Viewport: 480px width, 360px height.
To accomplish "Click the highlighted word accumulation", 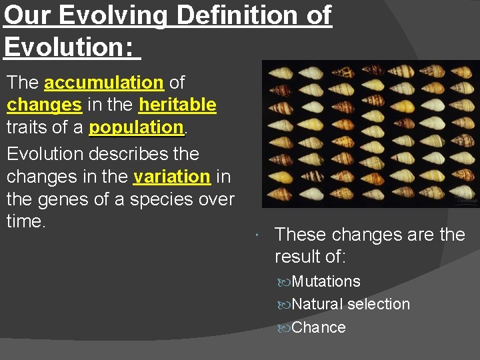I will [x=103, y=83].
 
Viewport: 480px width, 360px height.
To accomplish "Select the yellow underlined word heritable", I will [x=177, y=105].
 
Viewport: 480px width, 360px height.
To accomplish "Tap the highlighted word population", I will [x=136, y=127].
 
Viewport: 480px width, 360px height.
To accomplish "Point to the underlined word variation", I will [x=172, y=177].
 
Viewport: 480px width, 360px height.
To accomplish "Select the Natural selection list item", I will [x=351, y=305].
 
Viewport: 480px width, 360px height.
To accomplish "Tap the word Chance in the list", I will [x=319, y=327].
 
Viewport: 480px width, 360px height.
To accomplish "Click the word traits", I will [x=27, y=127].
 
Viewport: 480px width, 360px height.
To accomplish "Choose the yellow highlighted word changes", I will [x=44, y=105].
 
